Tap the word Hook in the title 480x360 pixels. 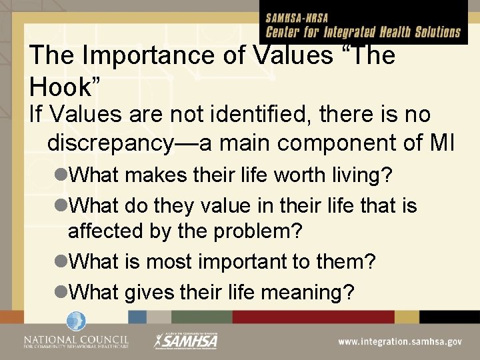[63, 85]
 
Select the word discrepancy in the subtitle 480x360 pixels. [122, 143]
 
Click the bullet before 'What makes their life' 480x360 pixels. [61, 177]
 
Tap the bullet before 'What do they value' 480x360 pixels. [61, 206]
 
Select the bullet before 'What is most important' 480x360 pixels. [61, 262]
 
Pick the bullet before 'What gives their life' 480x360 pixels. [61, 291]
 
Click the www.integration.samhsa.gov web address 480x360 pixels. [399, 341]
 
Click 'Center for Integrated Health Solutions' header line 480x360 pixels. [363, 31]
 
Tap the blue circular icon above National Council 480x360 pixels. [73, 322]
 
